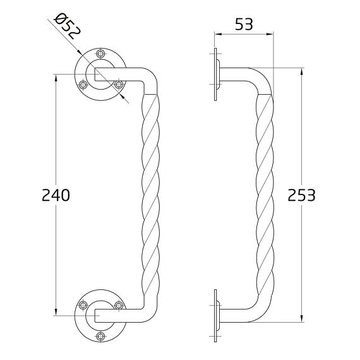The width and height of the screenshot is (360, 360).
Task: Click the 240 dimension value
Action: click(x=56, y=195)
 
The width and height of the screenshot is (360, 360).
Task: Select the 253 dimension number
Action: click(x=301, y=195)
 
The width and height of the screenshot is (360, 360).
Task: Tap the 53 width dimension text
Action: click(x=244, y=25)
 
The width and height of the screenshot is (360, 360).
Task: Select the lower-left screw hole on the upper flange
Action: click(x=81, y=83)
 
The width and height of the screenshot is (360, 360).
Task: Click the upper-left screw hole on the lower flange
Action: click(x=81, y=306)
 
